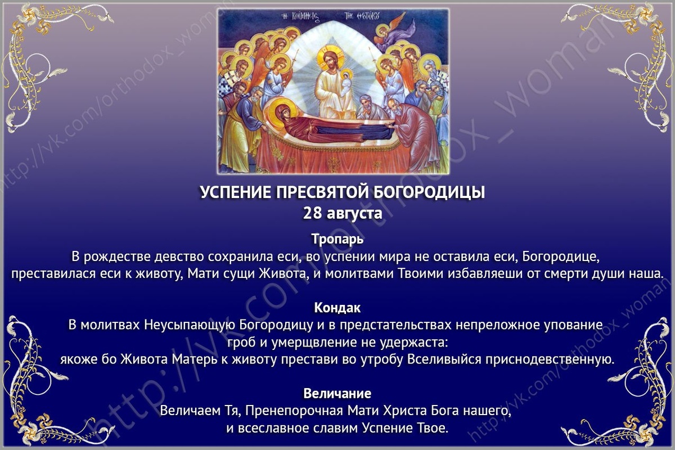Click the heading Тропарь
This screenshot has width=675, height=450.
click(x=337, y=238)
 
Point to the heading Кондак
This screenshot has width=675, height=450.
click(x=337, y=308)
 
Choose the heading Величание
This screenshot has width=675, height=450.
click(x=337, y=393)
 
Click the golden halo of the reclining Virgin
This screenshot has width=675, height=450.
click(x=281, y=110)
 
